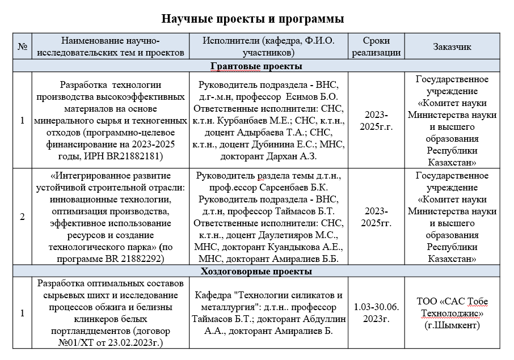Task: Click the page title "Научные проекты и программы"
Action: click(x=252, y=19)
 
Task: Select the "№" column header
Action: click(x=23, y=48)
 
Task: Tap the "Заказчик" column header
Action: click(x=452, y=48)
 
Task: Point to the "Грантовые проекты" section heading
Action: click(x=256, y=66)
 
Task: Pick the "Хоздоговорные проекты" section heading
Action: click(x=256, y=272)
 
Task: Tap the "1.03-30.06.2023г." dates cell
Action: click(x=377, y=312)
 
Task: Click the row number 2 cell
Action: click(x=23, y=216)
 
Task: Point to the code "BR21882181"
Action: click(x=137, y=156)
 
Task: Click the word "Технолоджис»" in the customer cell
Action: click(x=452, y=312)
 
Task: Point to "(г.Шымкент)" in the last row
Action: click(x=452, y=325)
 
